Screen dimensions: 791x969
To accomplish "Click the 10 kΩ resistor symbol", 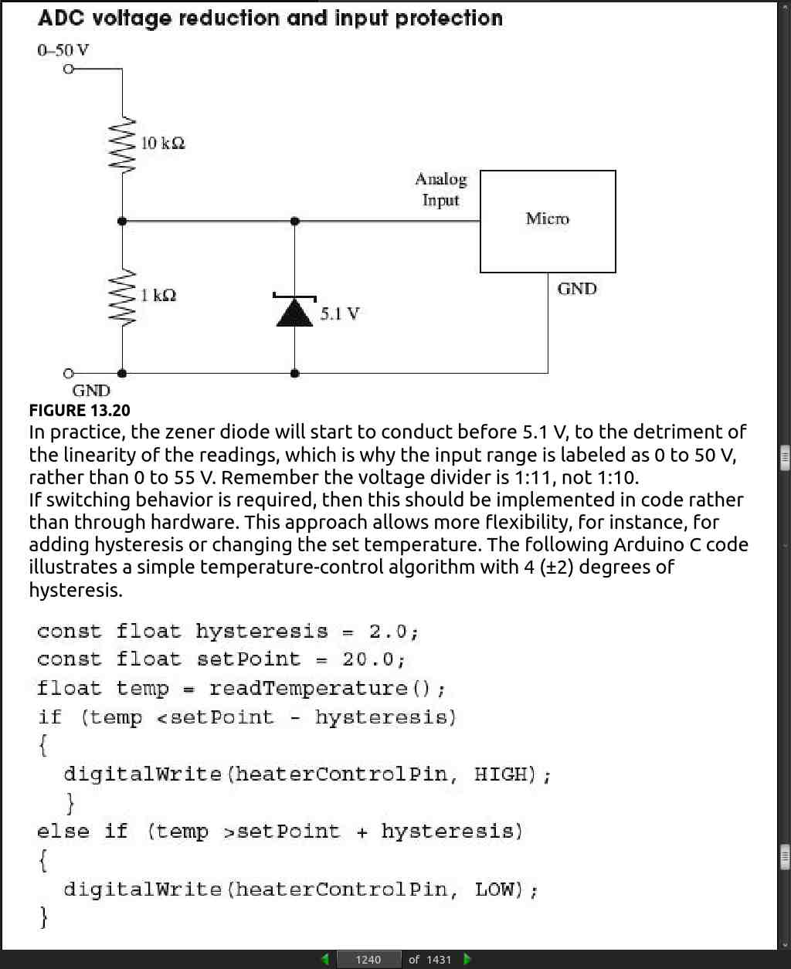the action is click(x=122, y=145).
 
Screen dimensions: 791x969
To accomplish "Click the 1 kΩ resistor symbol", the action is click(x=122, y=296).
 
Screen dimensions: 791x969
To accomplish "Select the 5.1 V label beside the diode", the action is click(x=340, y=313).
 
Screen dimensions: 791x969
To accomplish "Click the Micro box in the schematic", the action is click(x=548, y=222).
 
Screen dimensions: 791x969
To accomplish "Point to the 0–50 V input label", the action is click(x=63, y=50).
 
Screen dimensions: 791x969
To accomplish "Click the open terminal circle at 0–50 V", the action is click(x=69, y=69).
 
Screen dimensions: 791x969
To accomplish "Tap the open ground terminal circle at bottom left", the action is click(x=69, y=374).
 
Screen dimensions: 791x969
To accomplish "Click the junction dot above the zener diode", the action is click(x=295, y=222).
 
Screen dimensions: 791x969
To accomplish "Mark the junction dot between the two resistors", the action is click(x=122, y=222).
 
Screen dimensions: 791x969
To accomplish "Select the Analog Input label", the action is click(x=441, y=189).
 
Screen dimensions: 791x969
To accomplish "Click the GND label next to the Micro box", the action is click(x=577, y=289).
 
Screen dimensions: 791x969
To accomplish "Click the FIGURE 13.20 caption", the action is click(x=80, y=410).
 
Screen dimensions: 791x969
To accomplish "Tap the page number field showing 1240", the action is click(x=368, y=960).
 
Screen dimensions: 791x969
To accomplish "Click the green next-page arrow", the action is click(x=467, y=960).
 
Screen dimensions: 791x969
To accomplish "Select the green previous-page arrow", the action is click(x=325, y=960).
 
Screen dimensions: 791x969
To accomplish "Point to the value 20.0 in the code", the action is click(x=368, y=660).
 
